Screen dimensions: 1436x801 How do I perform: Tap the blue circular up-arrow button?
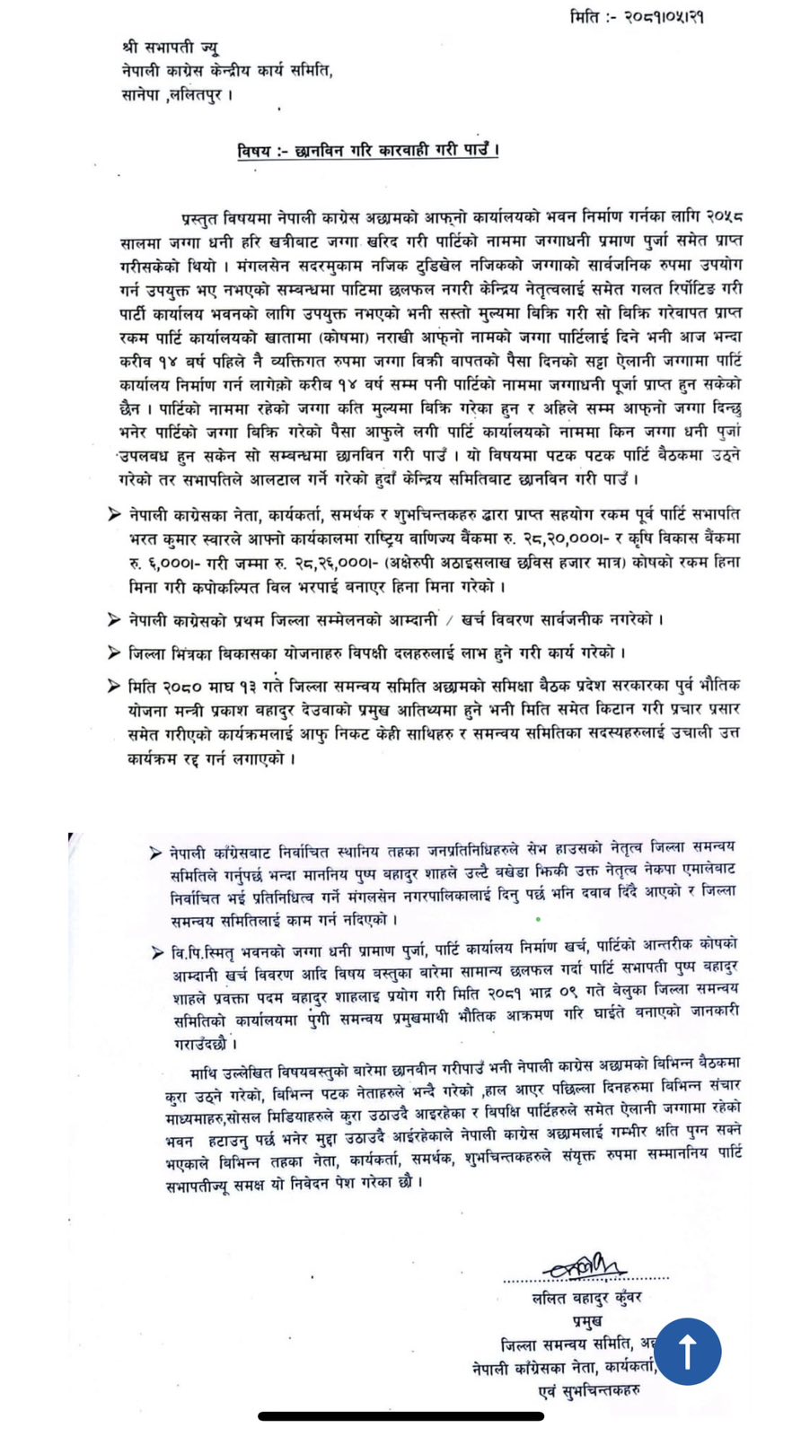[x=687, y=1351]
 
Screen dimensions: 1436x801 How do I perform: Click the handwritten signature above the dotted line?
[x=585, y=1265]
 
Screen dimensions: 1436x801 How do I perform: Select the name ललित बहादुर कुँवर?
[x=586, y=1298]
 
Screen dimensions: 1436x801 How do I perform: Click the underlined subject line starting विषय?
[x=368, y=150]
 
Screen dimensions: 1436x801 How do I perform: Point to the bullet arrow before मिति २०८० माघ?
[x=114, y=686]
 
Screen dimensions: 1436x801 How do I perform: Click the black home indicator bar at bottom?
[x=400, y=1416]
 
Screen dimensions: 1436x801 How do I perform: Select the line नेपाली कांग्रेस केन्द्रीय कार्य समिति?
[x=227, y=70]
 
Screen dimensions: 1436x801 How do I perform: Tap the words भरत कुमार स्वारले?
[x=184, y=538]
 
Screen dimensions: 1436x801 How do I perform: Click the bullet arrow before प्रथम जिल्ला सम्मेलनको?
[x=114, y=619]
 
